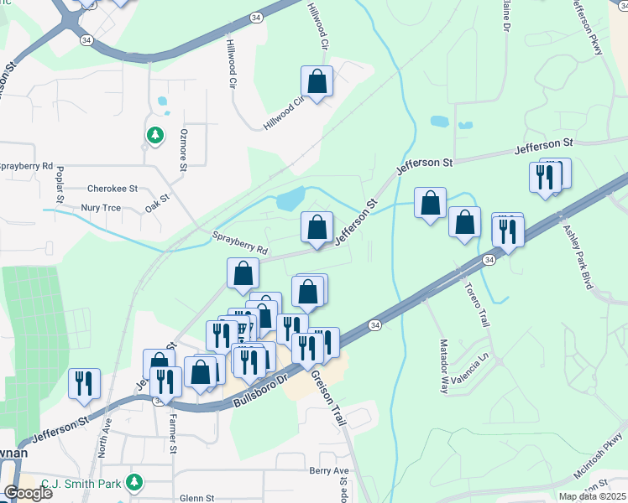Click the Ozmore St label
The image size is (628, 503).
click(182, 149)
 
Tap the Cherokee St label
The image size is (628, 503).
click(113, 190)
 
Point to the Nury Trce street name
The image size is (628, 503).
click(101, 207)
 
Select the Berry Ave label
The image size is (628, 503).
click(328, 471)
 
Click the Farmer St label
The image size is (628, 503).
click(173, 432)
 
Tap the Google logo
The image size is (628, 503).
click(28, 493)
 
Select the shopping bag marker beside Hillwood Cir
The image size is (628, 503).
click(317, 82)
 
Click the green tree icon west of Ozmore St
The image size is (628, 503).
click(154, 135)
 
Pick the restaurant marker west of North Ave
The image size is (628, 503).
click(84, 383)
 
